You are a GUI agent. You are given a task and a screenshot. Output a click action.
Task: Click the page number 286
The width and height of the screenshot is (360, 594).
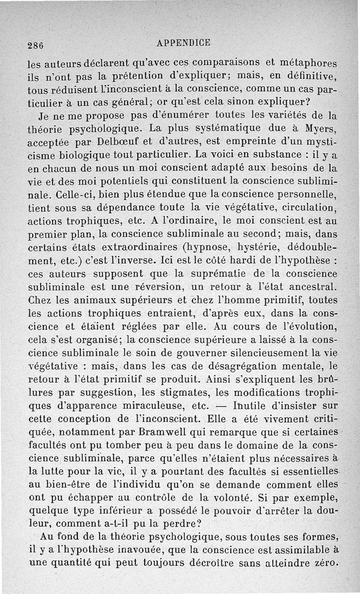pos(35,45)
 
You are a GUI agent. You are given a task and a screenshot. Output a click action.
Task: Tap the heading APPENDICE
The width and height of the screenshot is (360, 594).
pos(184,43)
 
